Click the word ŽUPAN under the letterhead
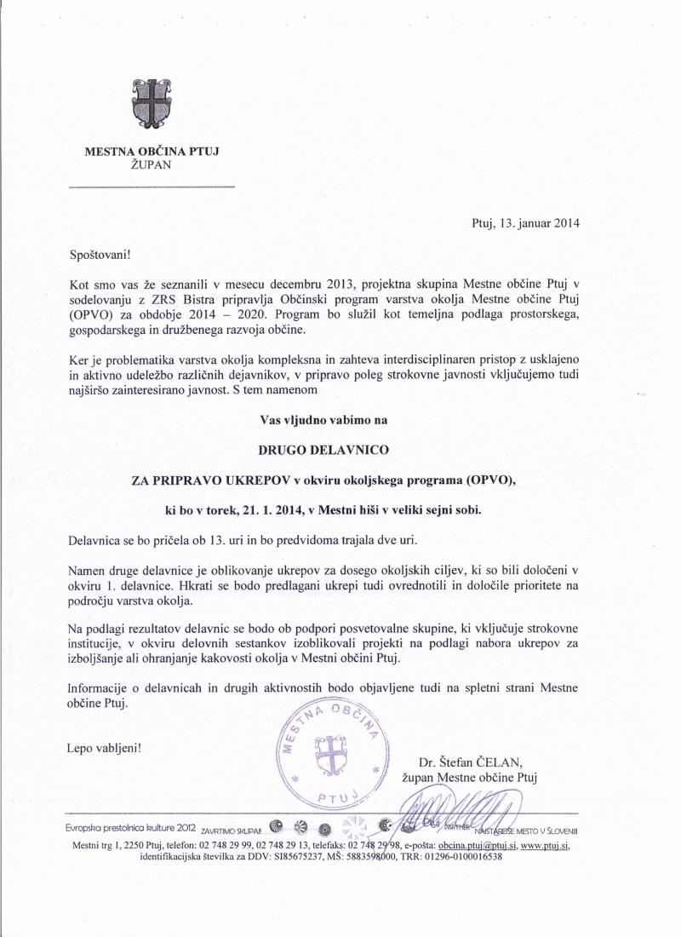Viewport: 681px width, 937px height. (152, 165)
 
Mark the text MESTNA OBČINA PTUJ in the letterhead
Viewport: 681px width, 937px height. (152, 152)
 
